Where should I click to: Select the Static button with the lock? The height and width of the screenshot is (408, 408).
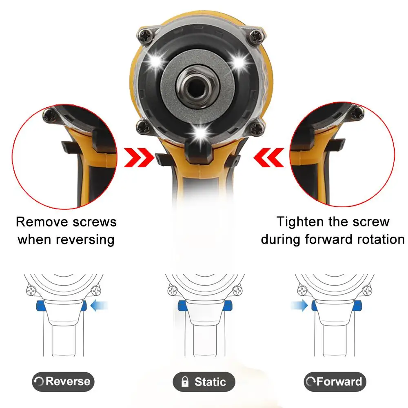pyautogui.click(x=204, y=382)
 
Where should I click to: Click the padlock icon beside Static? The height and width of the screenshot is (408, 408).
pyautogui.click(x=185, y=382)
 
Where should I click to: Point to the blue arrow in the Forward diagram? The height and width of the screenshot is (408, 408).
pyautogui.click(x=299, y=305)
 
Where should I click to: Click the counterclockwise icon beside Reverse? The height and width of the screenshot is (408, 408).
pyautogui.click(x=39, y=382)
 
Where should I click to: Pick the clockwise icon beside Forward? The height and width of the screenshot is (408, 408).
pyautogui.click(x=310, y=383)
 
